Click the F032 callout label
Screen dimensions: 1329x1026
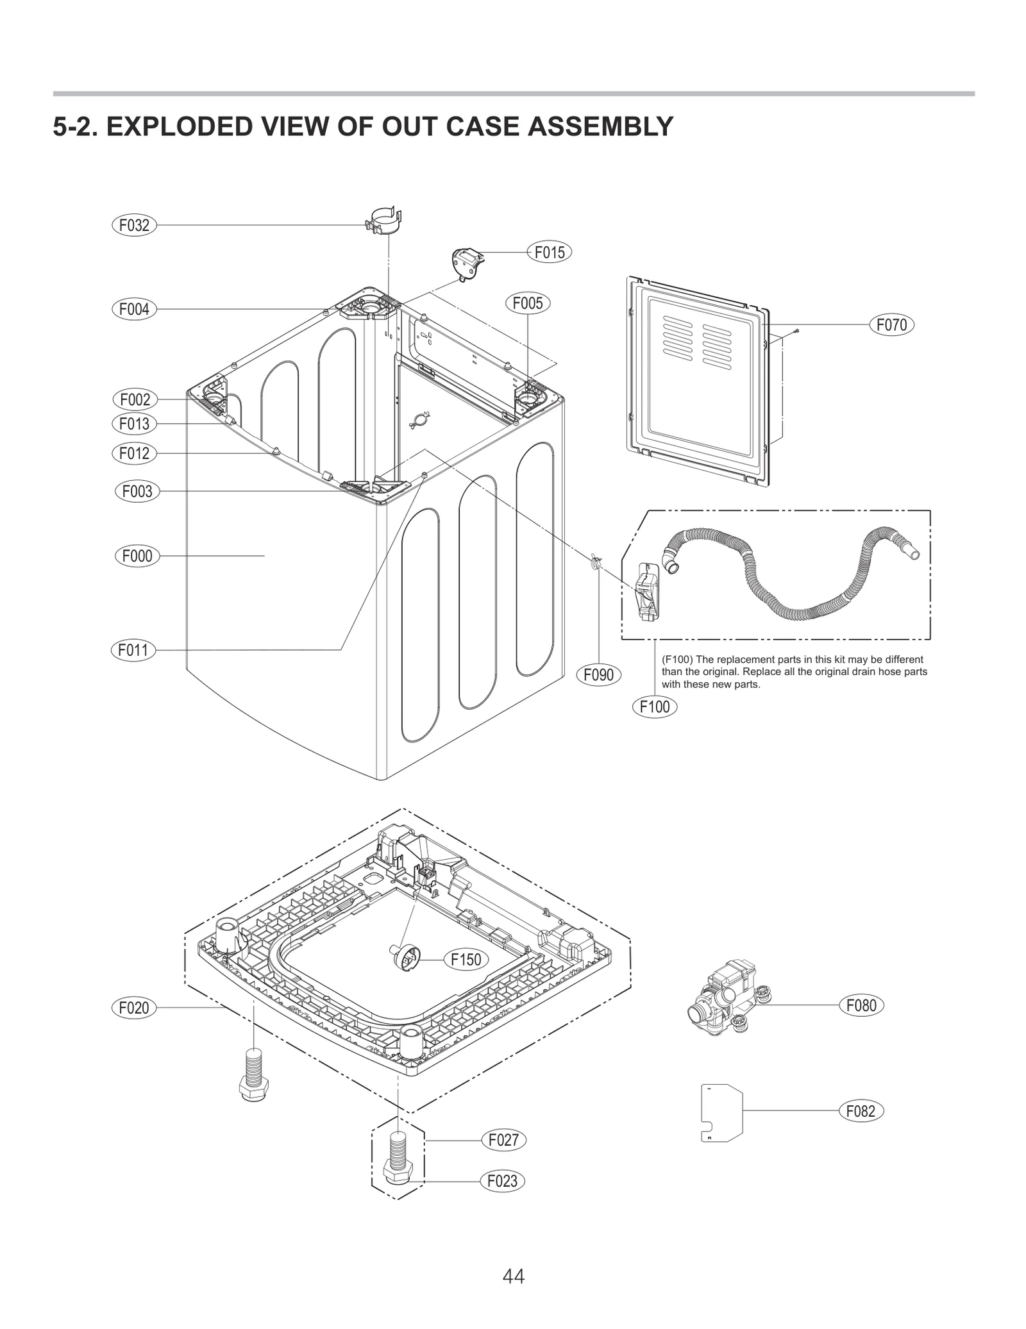[x=134, y=225]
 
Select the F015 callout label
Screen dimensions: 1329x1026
[x=550, y=253]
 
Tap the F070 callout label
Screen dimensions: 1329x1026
[x=891, y=325]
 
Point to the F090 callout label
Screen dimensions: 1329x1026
[x=598, y=674]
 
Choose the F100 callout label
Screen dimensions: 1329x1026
[x=655, y=706]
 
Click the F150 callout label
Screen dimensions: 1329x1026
[x=466, y=959]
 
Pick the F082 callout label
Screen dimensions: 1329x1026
[x=861, y=1111]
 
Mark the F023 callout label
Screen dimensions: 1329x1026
[x=502, y=1181]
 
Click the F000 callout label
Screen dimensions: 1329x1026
[x=137, y=556]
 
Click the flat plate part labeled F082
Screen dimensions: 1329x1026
[x=721, y=1112]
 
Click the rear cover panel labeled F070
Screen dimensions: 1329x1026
[x=696, y=378]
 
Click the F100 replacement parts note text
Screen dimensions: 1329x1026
[x=794, y=671]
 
